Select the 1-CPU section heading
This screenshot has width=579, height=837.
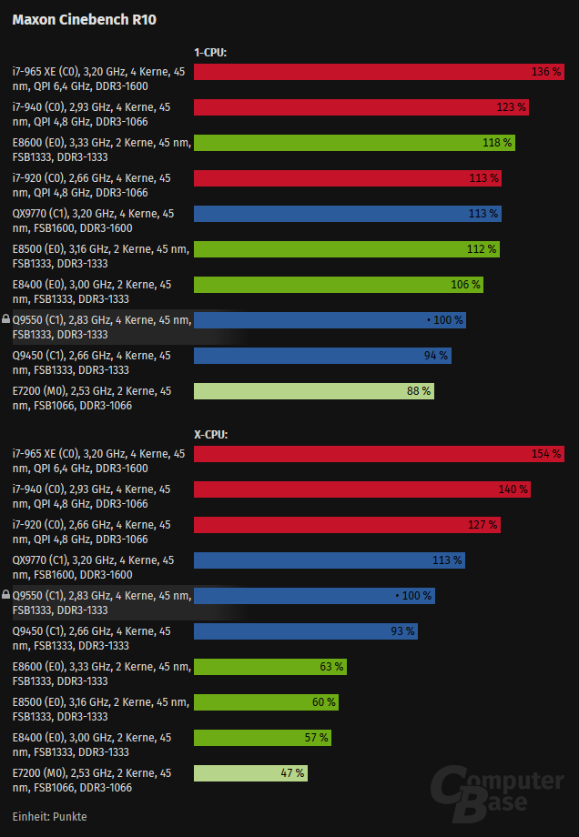(x=210, y=53)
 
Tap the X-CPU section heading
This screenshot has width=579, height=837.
(x=210, y=435)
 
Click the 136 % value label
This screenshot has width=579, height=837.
(x=546, y=72)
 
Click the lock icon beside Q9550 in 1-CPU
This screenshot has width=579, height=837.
(x=6, y=320)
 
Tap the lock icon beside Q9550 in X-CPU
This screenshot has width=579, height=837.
(x=6, y=595)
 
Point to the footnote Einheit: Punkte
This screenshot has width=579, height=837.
(x=50, y=816)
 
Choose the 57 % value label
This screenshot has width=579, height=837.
(x=317, y=738)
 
